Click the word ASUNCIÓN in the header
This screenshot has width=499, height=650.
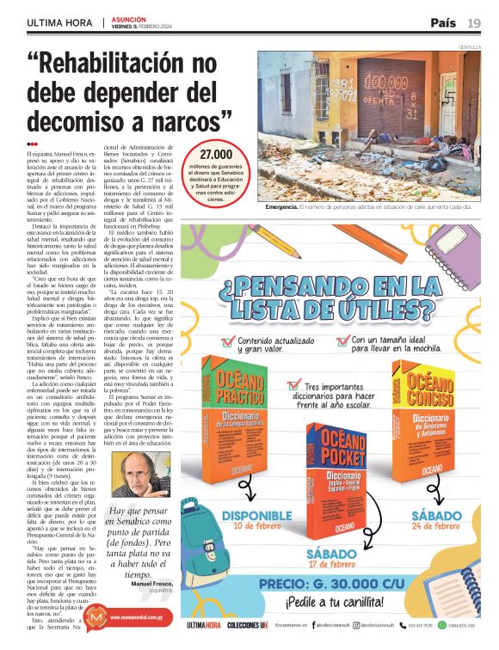130,18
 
